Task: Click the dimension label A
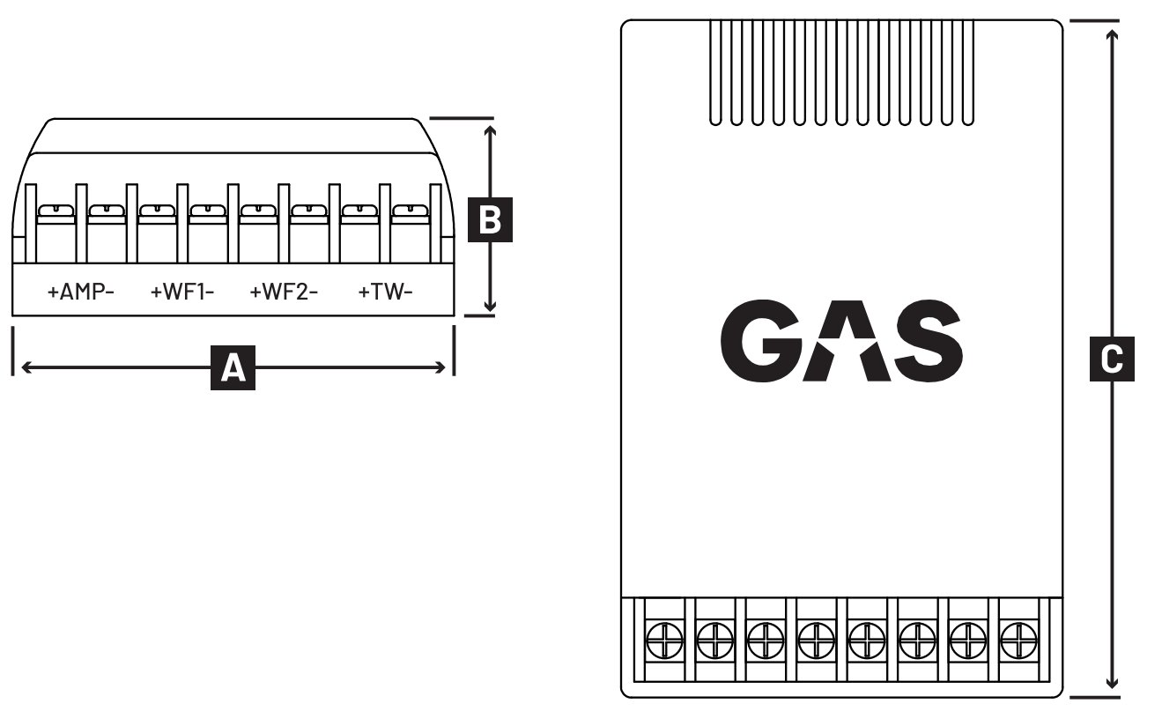[233, 368]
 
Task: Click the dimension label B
[490, 219]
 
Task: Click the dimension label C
[1112, 359]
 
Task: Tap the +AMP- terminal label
[80, 293]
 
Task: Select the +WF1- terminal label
[182, 293]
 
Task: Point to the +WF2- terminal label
[284, 293]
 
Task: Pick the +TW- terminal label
[386, 293]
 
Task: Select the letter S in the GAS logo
[929, 341]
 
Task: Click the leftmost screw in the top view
[664, 641]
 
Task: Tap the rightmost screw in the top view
[1018, 641]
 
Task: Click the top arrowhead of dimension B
[490, 130]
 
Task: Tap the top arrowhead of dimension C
[1112, 35]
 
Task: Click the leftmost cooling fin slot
[715, 72]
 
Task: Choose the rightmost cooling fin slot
[967, 72]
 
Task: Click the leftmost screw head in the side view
[56, 211]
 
